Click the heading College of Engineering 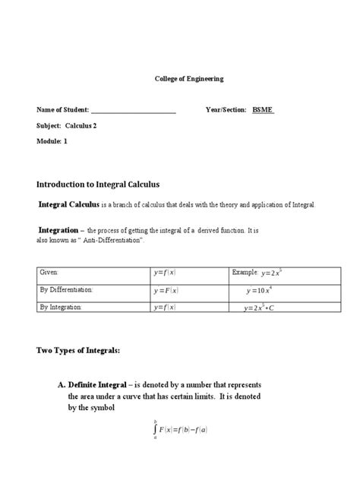click(179, 79)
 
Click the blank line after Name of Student click(134, 111)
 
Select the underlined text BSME click(263, 110)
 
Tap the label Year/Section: click(226, 110)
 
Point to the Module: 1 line click(52, 141)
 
